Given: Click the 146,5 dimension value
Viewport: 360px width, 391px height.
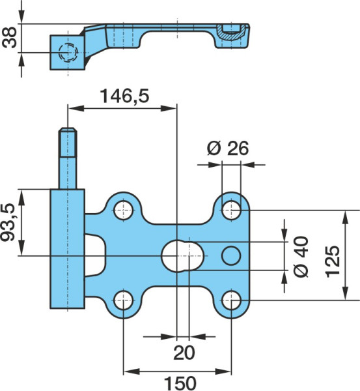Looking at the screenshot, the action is point(124,96).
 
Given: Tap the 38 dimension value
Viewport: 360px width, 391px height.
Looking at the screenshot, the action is point(9,37).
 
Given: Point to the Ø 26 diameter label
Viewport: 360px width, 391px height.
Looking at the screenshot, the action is point(227,148).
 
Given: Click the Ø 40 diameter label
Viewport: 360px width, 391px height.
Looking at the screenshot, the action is point(301,256).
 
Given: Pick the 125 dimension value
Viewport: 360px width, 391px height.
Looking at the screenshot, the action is point(333,261).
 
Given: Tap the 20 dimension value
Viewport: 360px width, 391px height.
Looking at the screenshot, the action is point(184,353).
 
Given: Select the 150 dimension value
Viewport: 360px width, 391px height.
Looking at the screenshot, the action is point(180,383).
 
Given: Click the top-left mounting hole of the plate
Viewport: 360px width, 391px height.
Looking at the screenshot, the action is point(123,210).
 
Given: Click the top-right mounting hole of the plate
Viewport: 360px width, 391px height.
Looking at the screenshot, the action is point(232,210).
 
